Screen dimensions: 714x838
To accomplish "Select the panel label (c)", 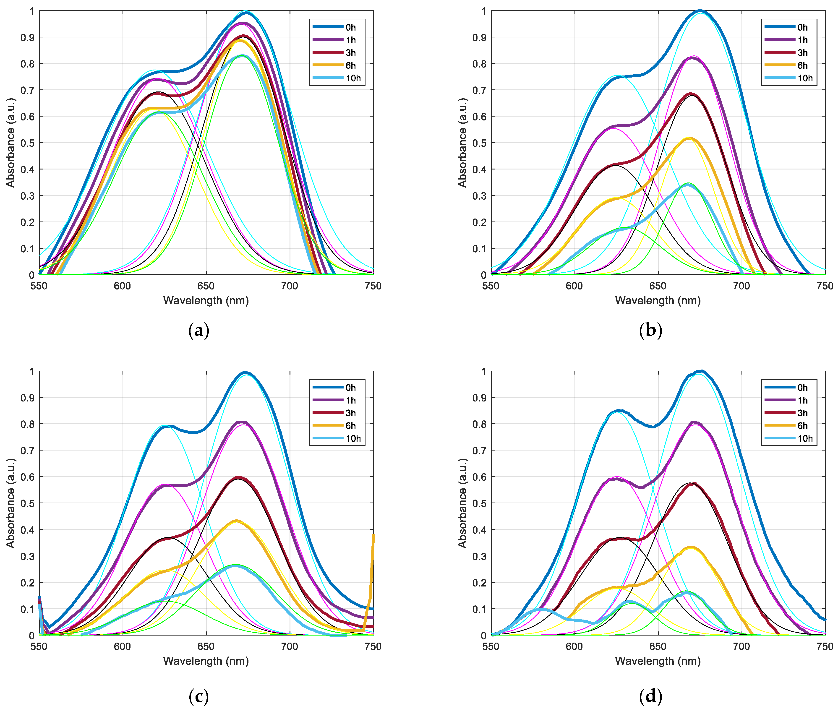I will (x=198, y=696).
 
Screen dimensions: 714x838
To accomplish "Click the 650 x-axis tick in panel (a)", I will (x=206, y=286).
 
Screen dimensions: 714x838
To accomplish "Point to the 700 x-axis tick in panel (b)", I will (x=741, y=286).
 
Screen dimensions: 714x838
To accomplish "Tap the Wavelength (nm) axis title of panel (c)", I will (x=206, y=661).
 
